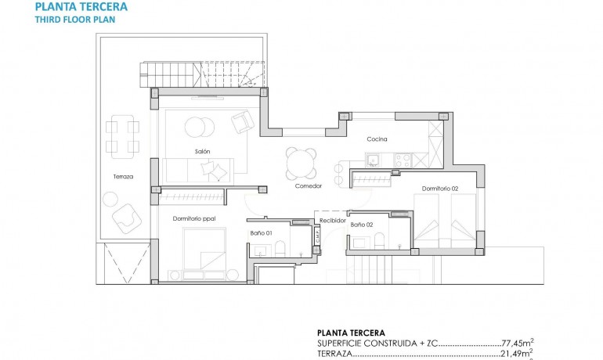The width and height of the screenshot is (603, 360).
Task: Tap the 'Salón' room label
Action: (x=203, y=151)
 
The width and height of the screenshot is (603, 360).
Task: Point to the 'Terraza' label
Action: (x=123, y=177)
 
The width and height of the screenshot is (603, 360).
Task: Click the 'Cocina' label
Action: (x=377, y=139)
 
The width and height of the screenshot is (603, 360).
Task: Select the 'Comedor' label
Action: (x=309, y=186)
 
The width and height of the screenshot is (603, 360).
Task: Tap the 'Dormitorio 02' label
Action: (x=439, y=189)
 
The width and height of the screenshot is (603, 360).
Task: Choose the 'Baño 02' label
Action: (x=361, y=225)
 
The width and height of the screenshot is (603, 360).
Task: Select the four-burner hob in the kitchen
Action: (x=401, y=160)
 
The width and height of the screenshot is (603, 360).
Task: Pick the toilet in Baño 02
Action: (x=377, y=240)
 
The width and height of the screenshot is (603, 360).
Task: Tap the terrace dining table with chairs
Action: (x=122, y=135)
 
